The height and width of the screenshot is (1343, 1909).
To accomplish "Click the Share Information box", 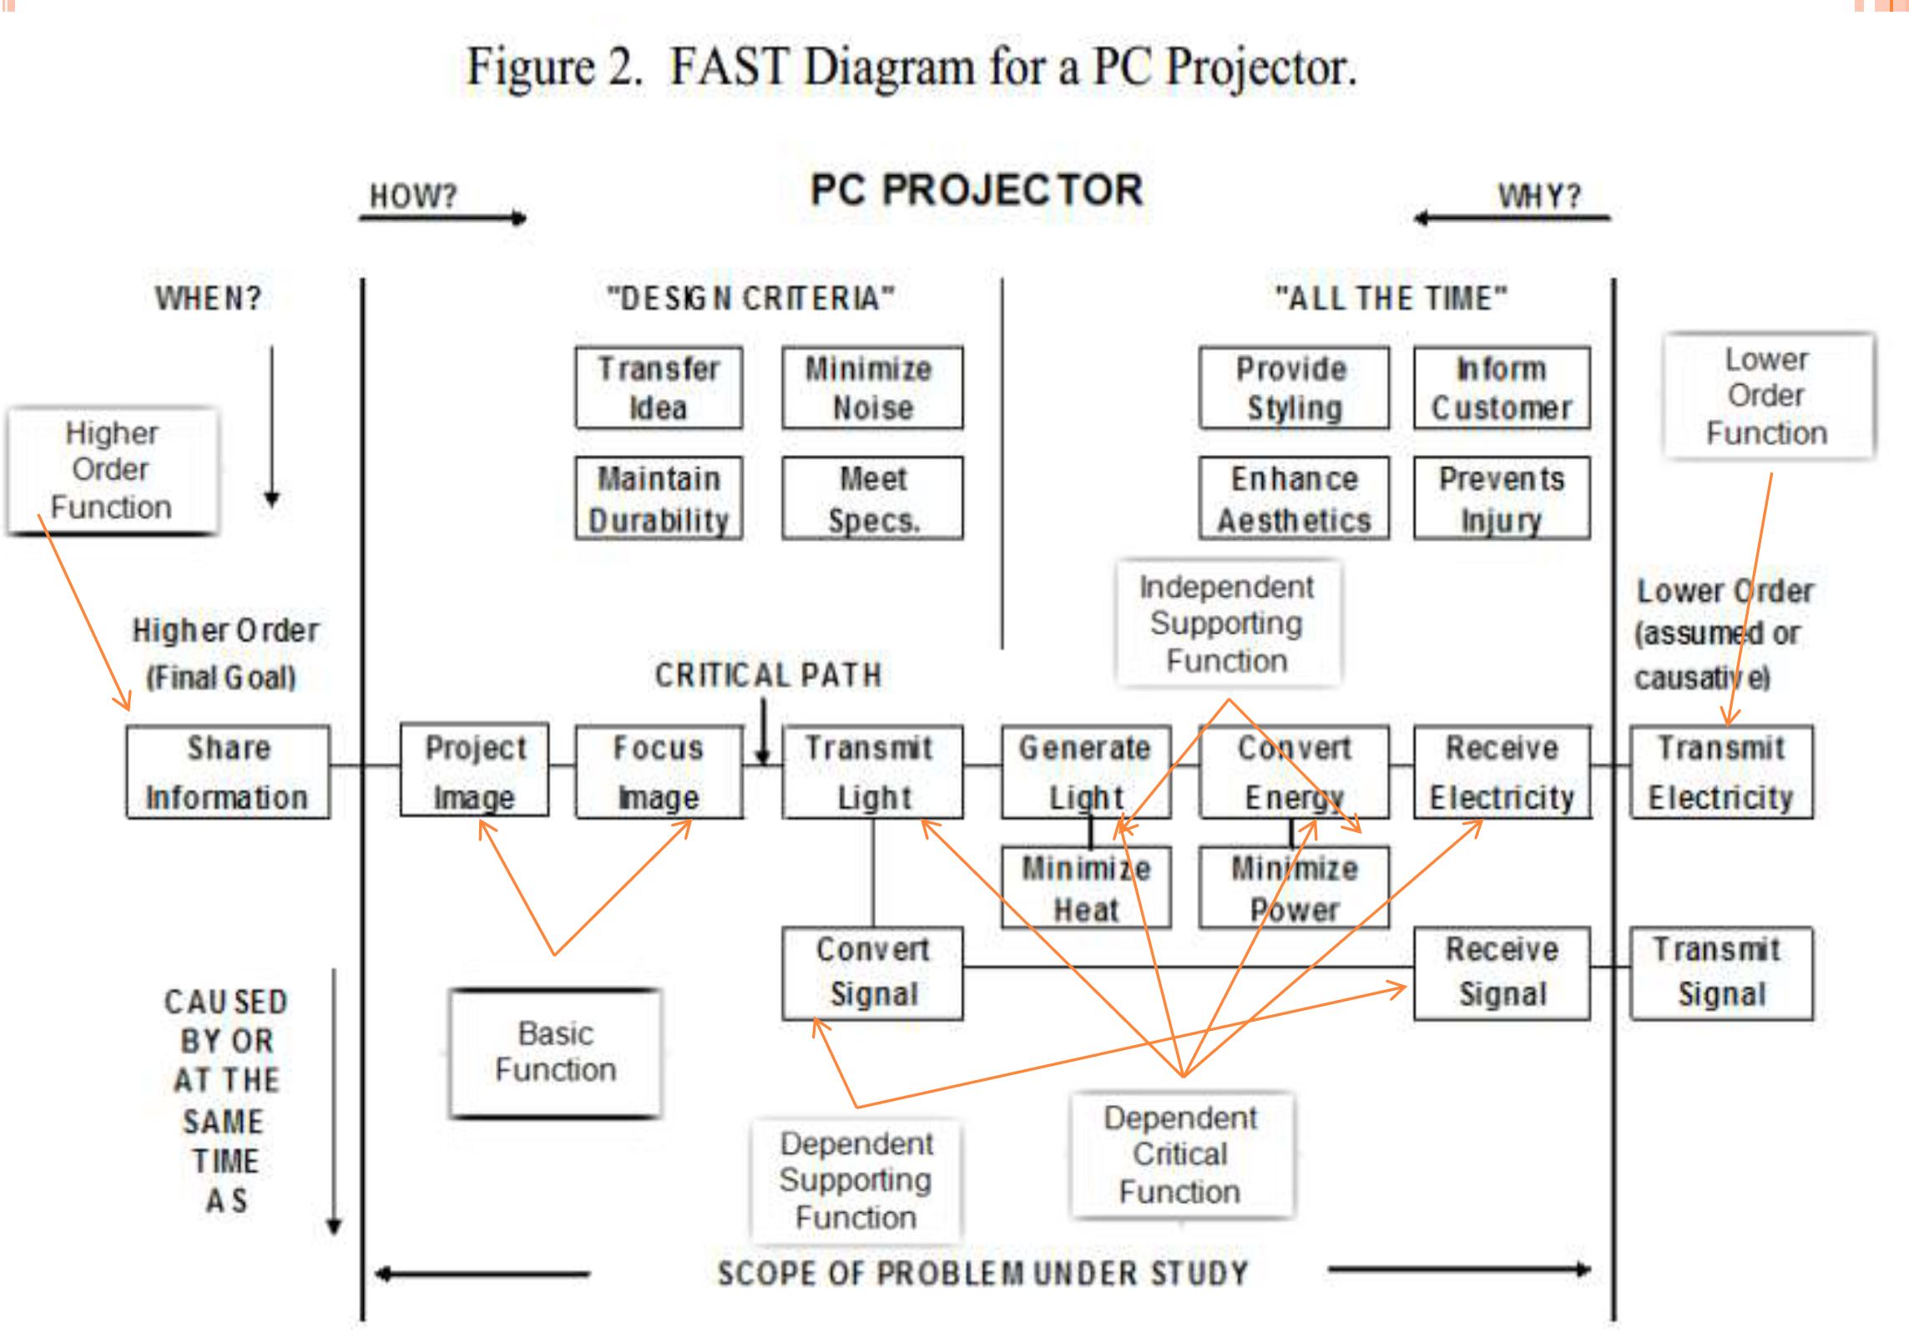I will click(x=228, y=772).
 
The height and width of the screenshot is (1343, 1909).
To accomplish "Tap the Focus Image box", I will click(x=659, y=772).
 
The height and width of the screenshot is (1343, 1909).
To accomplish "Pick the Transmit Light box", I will click(x=872, y=772).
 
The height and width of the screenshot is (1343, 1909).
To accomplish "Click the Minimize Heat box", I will click(x=1086, y=888).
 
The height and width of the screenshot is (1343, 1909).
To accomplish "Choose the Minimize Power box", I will click(x=1294, y=888).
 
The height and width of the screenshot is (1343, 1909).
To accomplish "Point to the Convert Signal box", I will click(x=872, y=973).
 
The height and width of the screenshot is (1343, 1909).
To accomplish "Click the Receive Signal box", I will click(x=1502, y=973).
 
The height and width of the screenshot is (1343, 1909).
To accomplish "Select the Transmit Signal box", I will click(x=1721, y=973).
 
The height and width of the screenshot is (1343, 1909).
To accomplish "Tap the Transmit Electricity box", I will click(x=1721, y=772).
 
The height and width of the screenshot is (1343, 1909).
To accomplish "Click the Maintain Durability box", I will click(x=659, y=498).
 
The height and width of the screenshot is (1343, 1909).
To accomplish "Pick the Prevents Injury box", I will click(x=1502, y=498).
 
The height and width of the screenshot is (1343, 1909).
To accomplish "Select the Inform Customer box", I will click(x=1502, y=388).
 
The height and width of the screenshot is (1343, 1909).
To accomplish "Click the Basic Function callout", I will click(x=555, y=1053).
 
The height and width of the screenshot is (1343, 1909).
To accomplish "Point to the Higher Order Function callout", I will click(x=112, y=470).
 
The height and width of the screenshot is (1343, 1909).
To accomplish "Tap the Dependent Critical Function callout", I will click(x=1180, y=1154).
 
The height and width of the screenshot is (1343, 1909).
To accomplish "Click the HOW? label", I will click(x=413, y=196).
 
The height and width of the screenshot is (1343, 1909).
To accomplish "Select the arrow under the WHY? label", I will click(x=1512, y=219).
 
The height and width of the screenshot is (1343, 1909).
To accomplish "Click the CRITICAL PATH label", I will click(x=768, y=675).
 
